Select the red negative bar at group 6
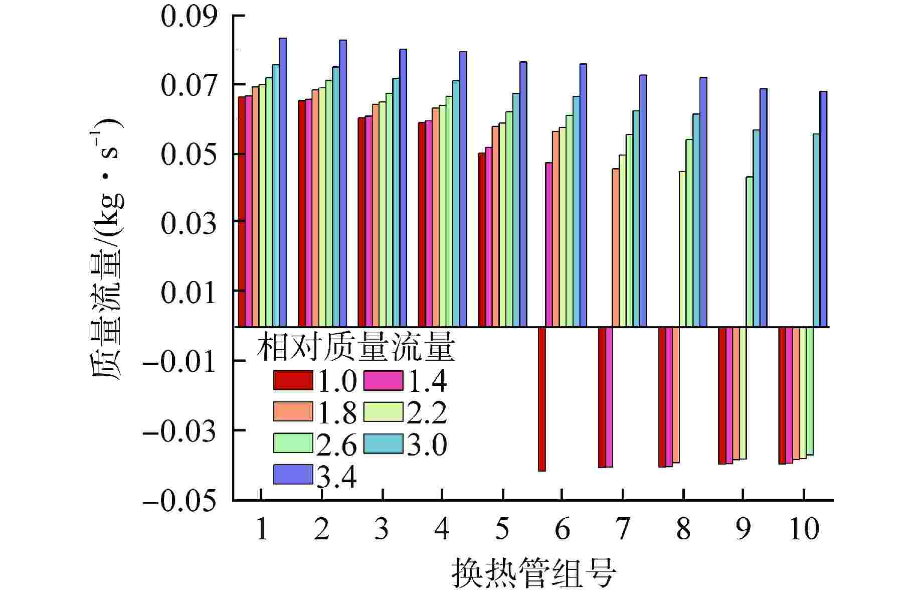point(541,399)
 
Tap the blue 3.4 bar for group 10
point(823,209)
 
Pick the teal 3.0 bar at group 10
point(816,230)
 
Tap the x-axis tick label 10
point(804,529)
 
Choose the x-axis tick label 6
point(562,529)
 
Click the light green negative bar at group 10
point(809,391)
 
